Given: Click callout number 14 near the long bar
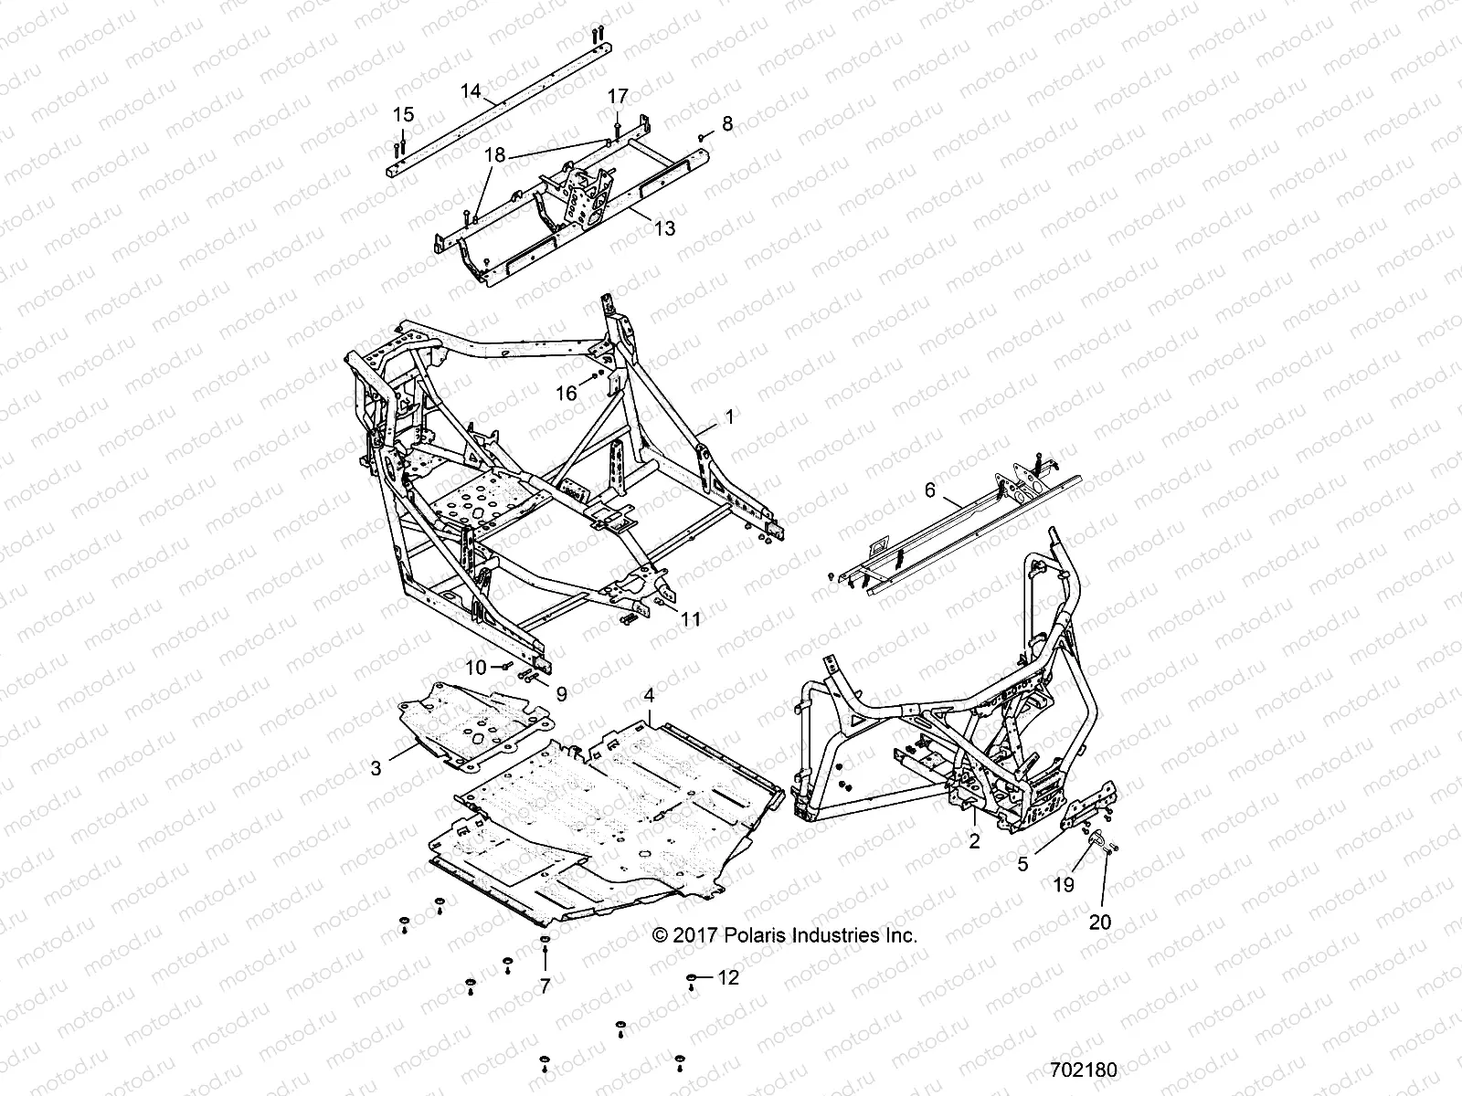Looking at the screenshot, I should coord(471,90).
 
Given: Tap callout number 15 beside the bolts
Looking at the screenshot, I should coord(403,115).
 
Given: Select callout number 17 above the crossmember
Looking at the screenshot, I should coord(618,96).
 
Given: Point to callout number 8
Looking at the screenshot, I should coord(727,123).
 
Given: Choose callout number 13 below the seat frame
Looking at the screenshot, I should coord(664,227).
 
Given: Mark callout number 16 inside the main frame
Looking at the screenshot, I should coord(567,393).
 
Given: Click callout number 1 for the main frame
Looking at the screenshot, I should coord(729,416).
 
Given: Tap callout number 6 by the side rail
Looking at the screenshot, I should coord(930,490).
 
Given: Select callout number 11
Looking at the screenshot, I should coord(691,619).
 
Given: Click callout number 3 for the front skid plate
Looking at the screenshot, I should coord(376,769).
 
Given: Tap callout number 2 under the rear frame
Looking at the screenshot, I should coord(974,842).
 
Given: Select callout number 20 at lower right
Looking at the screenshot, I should coord(1100,922).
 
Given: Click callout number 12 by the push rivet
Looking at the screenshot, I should coord(727,977).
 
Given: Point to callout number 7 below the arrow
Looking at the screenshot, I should coord(546,985).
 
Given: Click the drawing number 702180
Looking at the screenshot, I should coord(1083,1069).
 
